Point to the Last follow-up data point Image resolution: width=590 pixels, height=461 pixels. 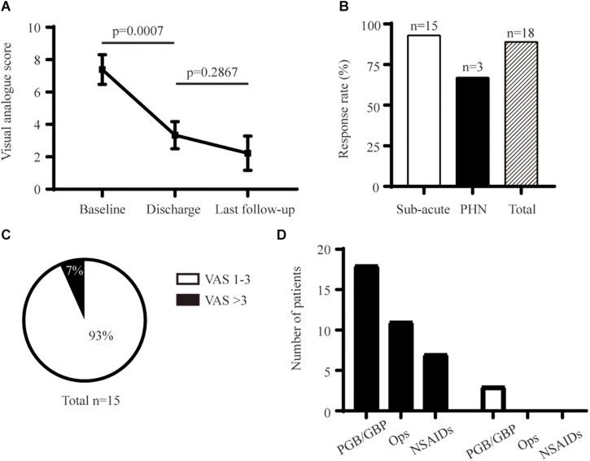point(247,153)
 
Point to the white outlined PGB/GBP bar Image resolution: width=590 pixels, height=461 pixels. point(494,399)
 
